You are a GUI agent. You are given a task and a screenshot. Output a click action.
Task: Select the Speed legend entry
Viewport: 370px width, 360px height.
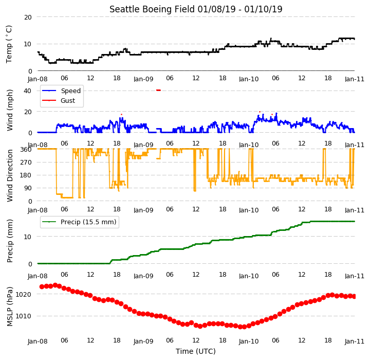(61, 91)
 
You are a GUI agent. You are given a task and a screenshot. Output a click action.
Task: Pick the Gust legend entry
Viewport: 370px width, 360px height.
(59, 101)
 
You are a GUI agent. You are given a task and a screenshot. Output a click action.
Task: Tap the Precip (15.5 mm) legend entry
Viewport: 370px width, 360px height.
(79, 222)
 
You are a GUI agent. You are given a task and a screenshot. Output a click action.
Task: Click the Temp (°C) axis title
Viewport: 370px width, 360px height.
(9, 44)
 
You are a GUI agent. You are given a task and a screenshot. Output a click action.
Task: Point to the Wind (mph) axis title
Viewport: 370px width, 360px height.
(9, 110)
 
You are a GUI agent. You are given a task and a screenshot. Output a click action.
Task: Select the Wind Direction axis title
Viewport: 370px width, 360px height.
(10, 175)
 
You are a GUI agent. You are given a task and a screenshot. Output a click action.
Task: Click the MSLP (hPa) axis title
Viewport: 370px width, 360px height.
(10, 307)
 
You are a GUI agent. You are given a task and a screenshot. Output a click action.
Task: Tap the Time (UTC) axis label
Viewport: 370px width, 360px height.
(196, 351)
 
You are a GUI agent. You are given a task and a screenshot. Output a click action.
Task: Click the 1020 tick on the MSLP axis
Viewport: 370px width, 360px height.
(23, 295)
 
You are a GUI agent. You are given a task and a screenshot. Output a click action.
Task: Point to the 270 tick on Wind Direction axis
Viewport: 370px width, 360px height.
(26, 163)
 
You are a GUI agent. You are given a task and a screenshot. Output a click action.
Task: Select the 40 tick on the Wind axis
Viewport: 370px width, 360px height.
(27, 91)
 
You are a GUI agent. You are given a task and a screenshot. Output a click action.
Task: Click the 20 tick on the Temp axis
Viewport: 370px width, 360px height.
(28, 17)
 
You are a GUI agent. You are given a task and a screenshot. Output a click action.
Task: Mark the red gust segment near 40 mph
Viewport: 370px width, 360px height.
(159, 90)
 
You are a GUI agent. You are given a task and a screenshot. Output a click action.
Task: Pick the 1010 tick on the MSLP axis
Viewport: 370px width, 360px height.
(23, 316)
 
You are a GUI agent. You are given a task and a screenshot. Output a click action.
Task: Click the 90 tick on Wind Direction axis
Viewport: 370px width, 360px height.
(28, 188)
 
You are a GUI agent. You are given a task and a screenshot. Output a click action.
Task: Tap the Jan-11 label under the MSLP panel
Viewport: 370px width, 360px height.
(355, 341)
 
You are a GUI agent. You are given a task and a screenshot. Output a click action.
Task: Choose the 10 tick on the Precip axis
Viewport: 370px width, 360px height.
(28, 237)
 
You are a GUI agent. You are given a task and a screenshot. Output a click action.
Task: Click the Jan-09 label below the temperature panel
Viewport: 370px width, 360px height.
(143, 79)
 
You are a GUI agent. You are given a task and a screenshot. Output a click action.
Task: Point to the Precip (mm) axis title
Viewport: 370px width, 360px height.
(10, 241)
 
